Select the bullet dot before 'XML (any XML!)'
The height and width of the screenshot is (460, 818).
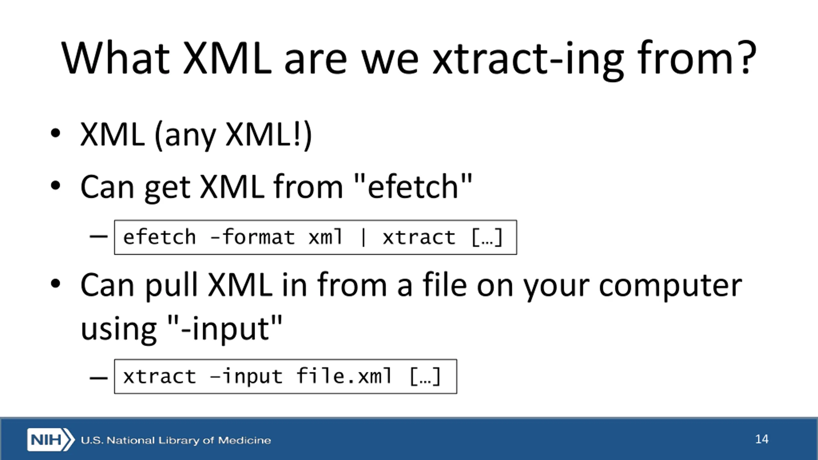tap(55, 133)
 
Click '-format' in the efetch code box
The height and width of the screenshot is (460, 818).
tap(252, 237)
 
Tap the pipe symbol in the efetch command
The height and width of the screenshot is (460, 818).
tap(363, 238)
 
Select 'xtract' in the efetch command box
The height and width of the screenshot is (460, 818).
tap(419, 238)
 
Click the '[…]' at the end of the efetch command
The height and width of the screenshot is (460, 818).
tap(487, 238)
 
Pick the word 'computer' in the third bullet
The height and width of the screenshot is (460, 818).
tap(670, 286)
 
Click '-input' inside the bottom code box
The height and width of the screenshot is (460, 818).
tap(246, 377)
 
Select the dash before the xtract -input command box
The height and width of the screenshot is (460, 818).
tap(99, 378)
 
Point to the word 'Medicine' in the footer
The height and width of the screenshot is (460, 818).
tap(244, 440)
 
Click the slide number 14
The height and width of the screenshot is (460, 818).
tap(762, 439)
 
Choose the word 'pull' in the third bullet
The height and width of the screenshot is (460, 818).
tap(171, 286)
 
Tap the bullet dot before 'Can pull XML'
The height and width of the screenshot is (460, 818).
tap(55, 284)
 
